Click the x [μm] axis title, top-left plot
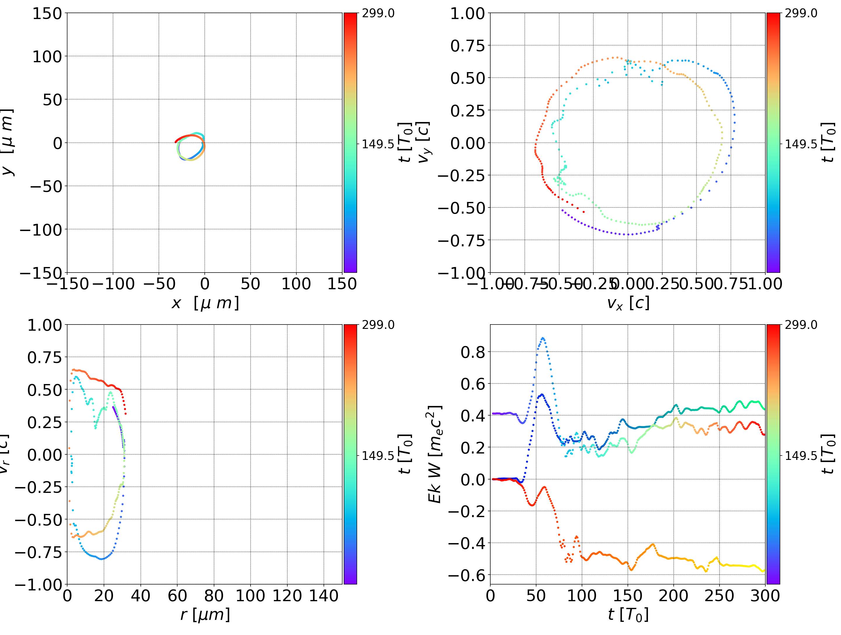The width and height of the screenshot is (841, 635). pyautogui.click(x=205, y=303)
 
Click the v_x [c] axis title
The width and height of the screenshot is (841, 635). pyautogui.click(x=628, y=303)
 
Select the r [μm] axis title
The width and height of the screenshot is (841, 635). pyautogui.click(x=205, y=615)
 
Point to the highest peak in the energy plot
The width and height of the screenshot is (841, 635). pyautogui.click(x=543, y=338)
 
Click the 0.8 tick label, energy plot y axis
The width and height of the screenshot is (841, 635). pyautogui.click(x=473, y=352)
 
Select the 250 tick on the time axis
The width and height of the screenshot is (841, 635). pyautogui.click(x=719, y=596)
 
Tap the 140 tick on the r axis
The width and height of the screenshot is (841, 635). pyautogui.click(x=324, y=596)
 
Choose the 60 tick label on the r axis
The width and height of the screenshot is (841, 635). pyautogui.click(x=177, y=596)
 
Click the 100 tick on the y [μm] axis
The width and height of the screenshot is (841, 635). pyautogui.click(x=47, y=57)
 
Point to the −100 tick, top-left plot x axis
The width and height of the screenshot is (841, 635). pyautogui.click(x=113, y=284)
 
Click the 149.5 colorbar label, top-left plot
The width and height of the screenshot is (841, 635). pyautogui.click(x=378, y=144)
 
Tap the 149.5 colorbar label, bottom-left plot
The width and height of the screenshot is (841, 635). pyautogui.click(x=378, y=455)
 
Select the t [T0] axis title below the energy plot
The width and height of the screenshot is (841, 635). pyautogui.click(x=628, y=615)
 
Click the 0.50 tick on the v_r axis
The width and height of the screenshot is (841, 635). pyautogui.click(x=44, y=390)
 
